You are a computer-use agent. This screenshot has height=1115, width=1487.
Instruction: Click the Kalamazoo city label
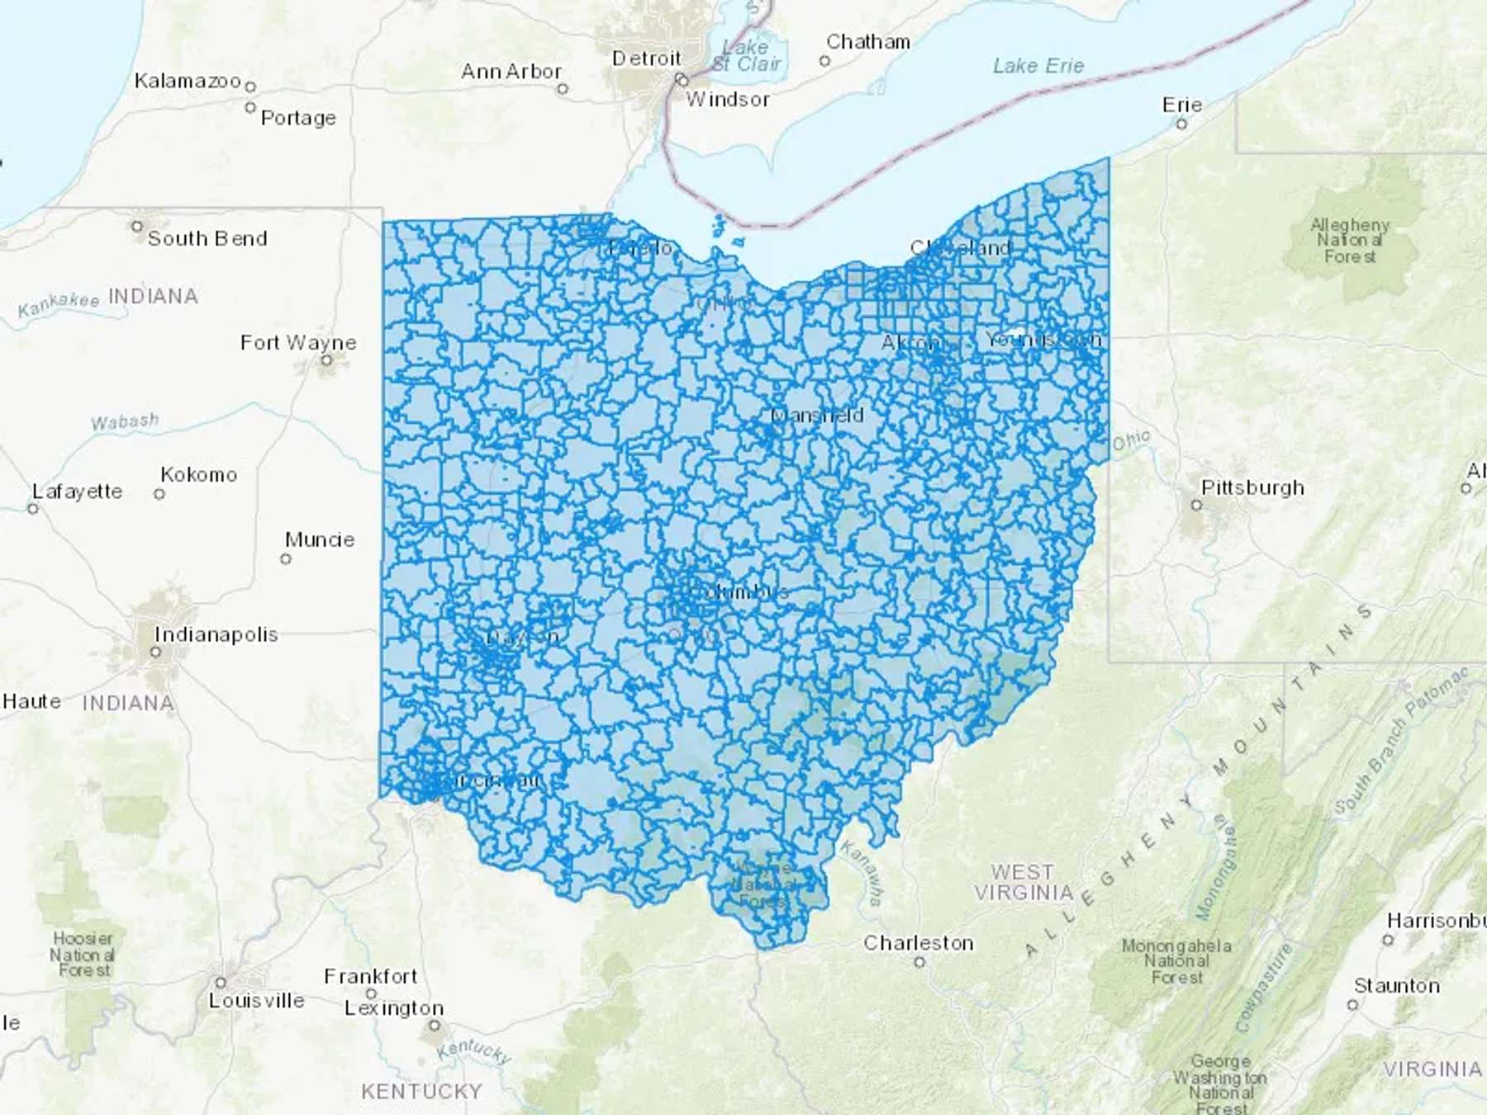[x=188, y=81]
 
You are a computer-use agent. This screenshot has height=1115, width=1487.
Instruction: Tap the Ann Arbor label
[x=511, y=72]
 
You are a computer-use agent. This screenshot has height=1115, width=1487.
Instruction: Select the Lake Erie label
[x=1038, y=66]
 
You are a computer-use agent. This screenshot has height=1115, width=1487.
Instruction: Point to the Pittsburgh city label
[x=1252, y=487]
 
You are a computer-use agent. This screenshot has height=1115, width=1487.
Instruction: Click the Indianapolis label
[x=216, y=634]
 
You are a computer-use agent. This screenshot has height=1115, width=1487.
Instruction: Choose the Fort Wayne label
[x=298, y=342]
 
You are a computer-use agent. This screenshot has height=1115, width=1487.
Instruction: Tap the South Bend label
[x=207, y=239]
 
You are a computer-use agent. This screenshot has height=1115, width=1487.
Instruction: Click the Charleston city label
[x=918, y=943]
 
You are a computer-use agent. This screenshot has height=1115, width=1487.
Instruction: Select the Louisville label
[x=256, y=1000]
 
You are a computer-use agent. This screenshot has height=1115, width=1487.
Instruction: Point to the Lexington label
[x=394, y=1008]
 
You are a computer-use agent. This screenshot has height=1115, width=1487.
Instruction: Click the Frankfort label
[x=370, y=976]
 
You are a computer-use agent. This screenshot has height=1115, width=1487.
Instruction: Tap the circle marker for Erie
[x=1181, y=124]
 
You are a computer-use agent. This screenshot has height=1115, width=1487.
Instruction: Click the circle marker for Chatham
[x=824, y=60]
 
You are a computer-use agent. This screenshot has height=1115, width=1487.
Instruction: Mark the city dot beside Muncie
[x=286, y=559]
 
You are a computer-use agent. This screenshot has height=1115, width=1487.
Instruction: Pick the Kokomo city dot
[x=159, y=494]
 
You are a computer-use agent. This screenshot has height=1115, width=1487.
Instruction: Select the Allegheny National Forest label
[x=1350, y=240]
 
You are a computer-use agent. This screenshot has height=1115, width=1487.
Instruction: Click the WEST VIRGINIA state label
[x=1023, y=882]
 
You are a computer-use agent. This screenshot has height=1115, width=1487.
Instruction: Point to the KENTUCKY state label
[x=421, y=1091]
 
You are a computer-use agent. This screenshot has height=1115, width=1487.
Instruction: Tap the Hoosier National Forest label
[x=83, y=954]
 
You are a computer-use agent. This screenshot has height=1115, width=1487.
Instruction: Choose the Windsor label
[x=727, y=100]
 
